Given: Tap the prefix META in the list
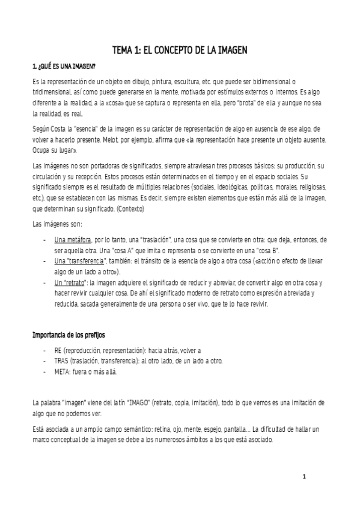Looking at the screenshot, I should pos(62,371).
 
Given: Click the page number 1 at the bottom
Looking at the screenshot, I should pos(305,477).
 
